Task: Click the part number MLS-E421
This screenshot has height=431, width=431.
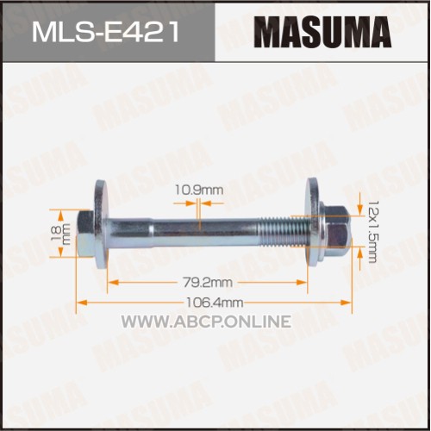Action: pyautogui.click(x=105, y=33)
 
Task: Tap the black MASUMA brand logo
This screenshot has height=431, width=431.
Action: pyautogui.click(x=322, y=32)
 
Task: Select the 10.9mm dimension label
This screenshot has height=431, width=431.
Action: pyautogui.click(x=199, y=190)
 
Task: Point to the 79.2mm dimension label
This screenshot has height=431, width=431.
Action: pyautogui.click(x=208, y=283)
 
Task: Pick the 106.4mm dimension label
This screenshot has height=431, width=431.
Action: pyautogui.click(x=215, y=303)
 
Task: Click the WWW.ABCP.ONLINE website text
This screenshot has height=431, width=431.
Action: pyautogui.click(x=206, y=322)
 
